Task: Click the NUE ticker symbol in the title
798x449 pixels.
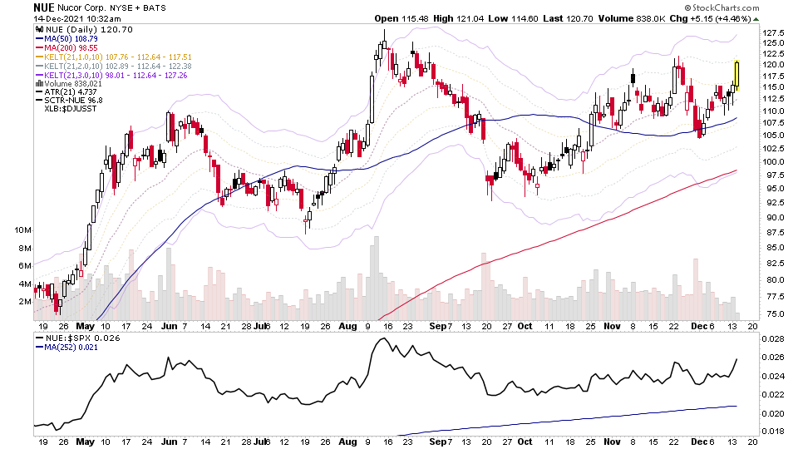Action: click(x=44, y=7)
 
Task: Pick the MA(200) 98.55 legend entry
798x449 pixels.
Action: click(x=65, y=48)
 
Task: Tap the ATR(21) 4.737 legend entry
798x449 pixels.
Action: click(x=64, y=92)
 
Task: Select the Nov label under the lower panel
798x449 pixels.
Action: click(x=612, y=442)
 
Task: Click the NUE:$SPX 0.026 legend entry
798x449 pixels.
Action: click(x=72, y=338)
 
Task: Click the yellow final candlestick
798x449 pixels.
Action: click(x=736, y=75)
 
